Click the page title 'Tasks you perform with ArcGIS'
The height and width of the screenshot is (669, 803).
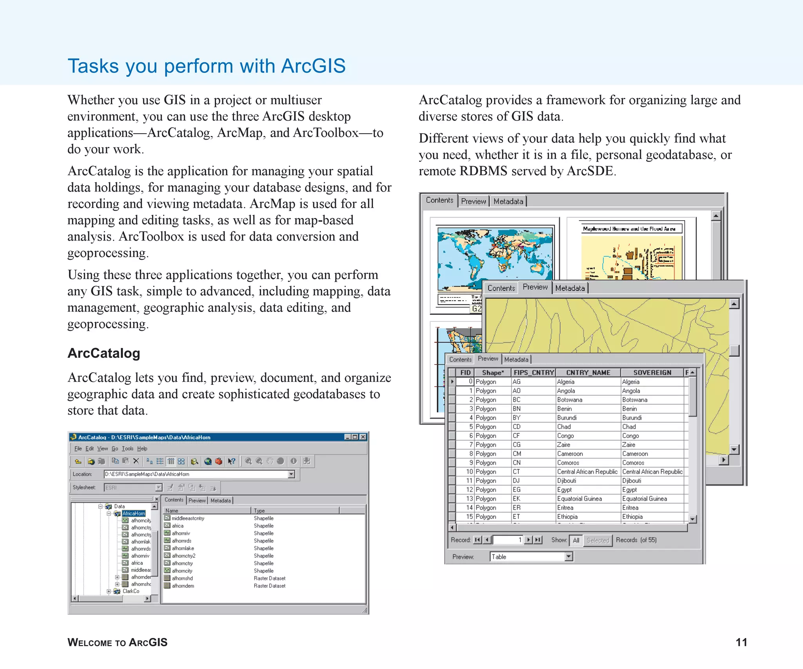point(207,66)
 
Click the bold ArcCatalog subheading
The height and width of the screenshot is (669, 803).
point(104,353)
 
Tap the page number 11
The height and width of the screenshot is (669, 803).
point(741,642)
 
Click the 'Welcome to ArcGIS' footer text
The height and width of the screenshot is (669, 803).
point(117,642)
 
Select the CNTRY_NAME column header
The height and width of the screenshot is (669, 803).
point(588,372)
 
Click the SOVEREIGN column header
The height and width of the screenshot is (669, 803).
point(652,372)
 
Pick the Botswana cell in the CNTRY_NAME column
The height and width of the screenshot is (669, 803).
point(569,400)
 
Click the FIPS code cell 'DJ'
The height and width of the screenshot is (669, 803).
point(516,480)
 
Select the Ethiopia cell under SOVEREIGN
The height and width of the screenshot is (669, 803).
point(632,517)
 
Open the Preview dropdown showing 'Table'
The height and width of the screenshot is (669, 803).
point(569,557)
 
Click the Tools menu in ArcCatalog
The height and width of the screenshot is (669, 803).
point(127,448)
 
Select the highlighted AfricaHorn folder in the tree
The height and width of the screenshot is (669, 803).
point(133,513)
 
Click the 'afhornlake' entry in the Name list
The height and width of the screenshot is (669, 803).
point(183,548)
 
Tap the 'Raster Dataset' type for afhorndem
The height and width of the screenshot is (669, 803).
point(269,586)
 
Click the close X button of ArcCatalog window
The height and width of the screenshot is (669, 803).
point(363,437)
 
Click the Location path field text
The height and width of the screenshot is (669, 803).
point(147,474)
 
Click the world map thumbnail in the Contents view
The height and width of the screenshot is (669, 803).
point(495,259)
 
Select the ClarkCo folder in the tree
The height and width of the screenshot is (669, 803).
point(131,591)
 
